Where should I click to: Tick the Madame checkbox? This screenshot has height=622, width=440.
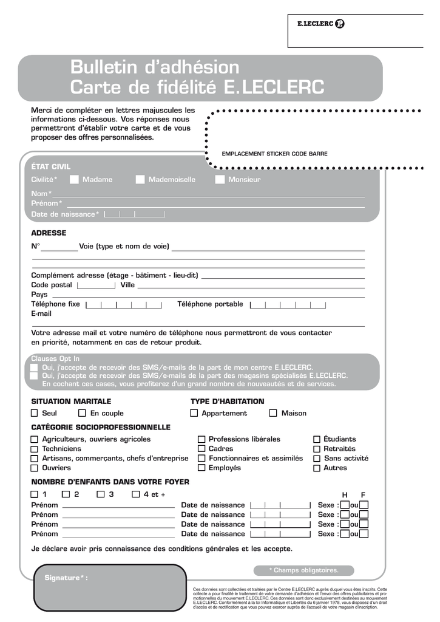pyautogui.click(x=74, y=179)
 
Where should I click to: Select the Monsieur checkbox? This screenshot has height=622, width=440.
pyautogui.click(x=220, y=179)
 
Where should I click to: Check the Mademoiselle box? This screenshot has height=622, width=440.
pyautogui.click(x=140, y=179)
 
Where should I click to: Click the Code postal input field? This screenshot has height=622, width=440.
pyautogui.click(x=96, y=285)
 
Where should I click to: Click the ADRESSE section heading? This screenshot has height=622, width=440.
pyautogui.click(x=49, y=233)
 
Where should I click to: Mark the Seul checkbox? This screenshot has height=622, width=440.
pyautogui.click(x=35, y=413)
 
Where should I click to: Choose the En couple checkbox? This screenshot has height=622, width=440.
pyautogui.click(x=82, y=413)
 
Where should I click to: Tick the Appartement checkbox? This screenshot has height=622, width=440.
pyautogui.click(x=194, y=413)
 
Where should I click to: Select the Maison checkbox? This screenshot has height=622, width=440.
pyautogui.click(x=273, y=413)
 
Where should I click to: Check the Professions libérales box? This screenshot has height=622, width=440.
pyautogui.click(x=201, y=439)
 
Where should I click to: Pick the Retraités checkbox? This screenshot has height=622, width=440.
pyautogui.click(x=317, y=449)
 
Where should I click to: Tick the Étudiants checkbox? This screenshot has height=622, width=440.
pyautogui.click(x=317, y=439)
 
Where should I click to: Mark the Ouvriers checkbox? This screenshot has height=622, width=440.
pyautogui.click(x=35, y=468)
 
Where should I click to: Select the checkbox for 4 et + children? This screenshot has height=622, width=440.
pyautogui.click(x=137, y=494)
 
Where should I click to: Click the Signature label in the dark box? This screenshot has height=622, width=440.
pyautogui.click(x=66, y=578)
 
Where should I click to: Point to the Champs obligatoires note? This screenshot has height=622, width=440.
pyautogui.click(x=303, y=570)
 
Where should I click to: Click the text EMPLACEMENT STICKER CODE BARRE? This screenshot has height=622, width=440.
pyautogui.click(x=274, y=154)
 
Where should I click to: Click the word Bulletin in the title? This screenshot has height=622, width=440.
pyautogui.click(x=104, y=67)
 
